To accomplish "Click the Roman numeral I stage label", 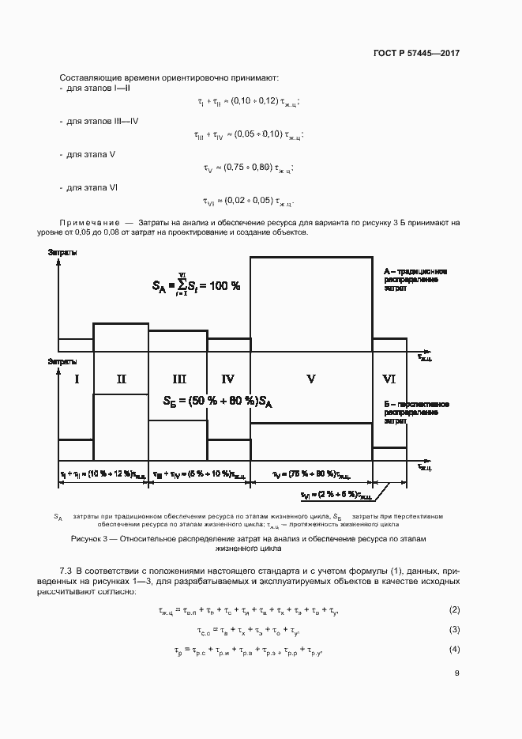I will (77, 379).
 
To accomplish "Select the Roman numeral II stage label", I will (121, 379).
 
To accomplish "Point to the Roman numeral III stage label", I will (178, 379).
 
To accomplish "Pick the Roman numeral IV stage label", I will (228, 379).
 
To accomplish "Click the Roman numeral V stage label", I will (310, 379).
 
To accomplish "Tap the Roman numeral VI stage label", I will (389, 379).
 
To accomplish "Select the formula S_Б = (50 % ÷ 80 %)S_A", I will (217, 402).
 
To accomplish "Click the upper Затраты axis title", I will (62, 251).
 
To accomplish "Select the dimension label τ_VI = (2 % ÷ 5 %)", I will (336, 496).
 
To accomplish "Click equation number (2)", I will (454, 609).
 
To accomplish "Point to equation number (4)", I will (454, 649).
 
